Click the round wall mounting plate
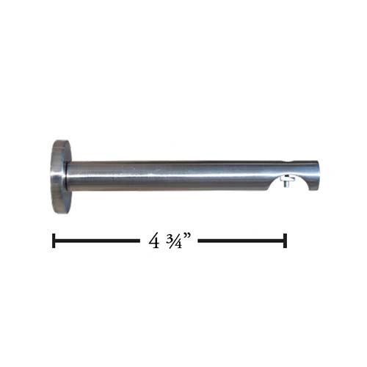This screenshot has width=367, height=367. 59,177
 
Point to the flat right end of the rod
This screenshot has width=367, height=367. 318,175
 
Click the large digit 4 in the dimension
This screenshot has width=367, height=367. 154,241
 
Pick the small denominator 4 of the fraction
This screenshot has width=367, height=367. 179,244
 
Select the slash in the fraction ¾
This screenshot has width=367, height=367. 175,241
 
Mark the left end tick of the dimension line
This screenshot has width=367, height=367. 54,241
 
